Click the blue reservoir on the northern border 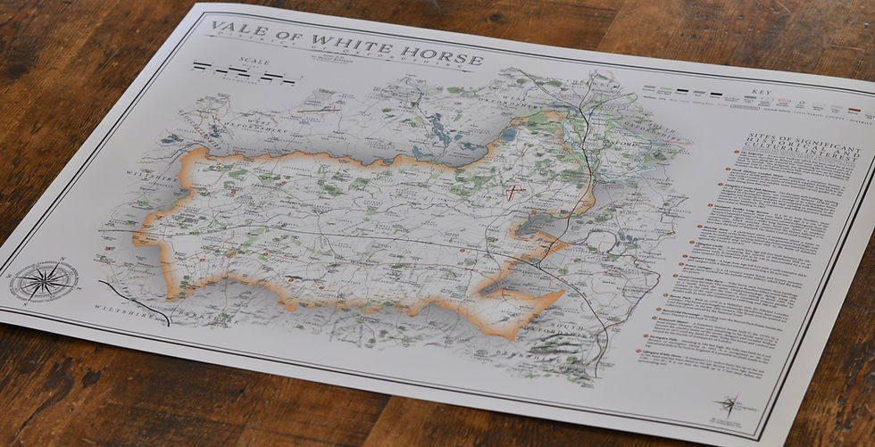click(508, 136)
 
